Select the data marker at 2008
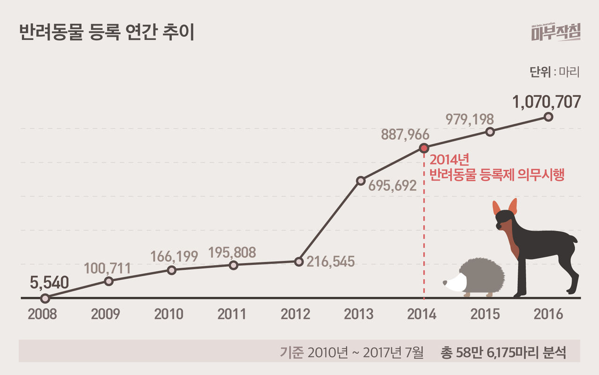click(x=45, y=298)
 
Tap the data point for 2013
click(x=361, y=180)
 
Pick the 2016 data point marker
click(x=549, y=117)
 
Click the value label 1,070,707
click(x=546, y=101)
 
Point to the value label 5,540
click(x=49, y=282)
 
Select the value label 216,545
click(x=330, y=261)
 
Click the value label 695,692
click(x=392, y=186)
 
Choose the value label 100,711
click(x=107, y=268)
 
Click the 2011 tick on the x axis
click(x=232, y=314)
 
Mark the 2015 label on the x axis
click(x=485, y=314)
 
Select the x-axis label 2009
click(x=105, y=314)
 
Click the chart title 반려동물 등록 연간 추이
click(x=106, y=34)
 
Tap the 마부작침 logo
click(x=555, y=33)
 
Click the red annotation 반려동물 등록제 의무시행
click(x=497, y=175)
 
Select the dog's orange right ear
click(x=513, y=206)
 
